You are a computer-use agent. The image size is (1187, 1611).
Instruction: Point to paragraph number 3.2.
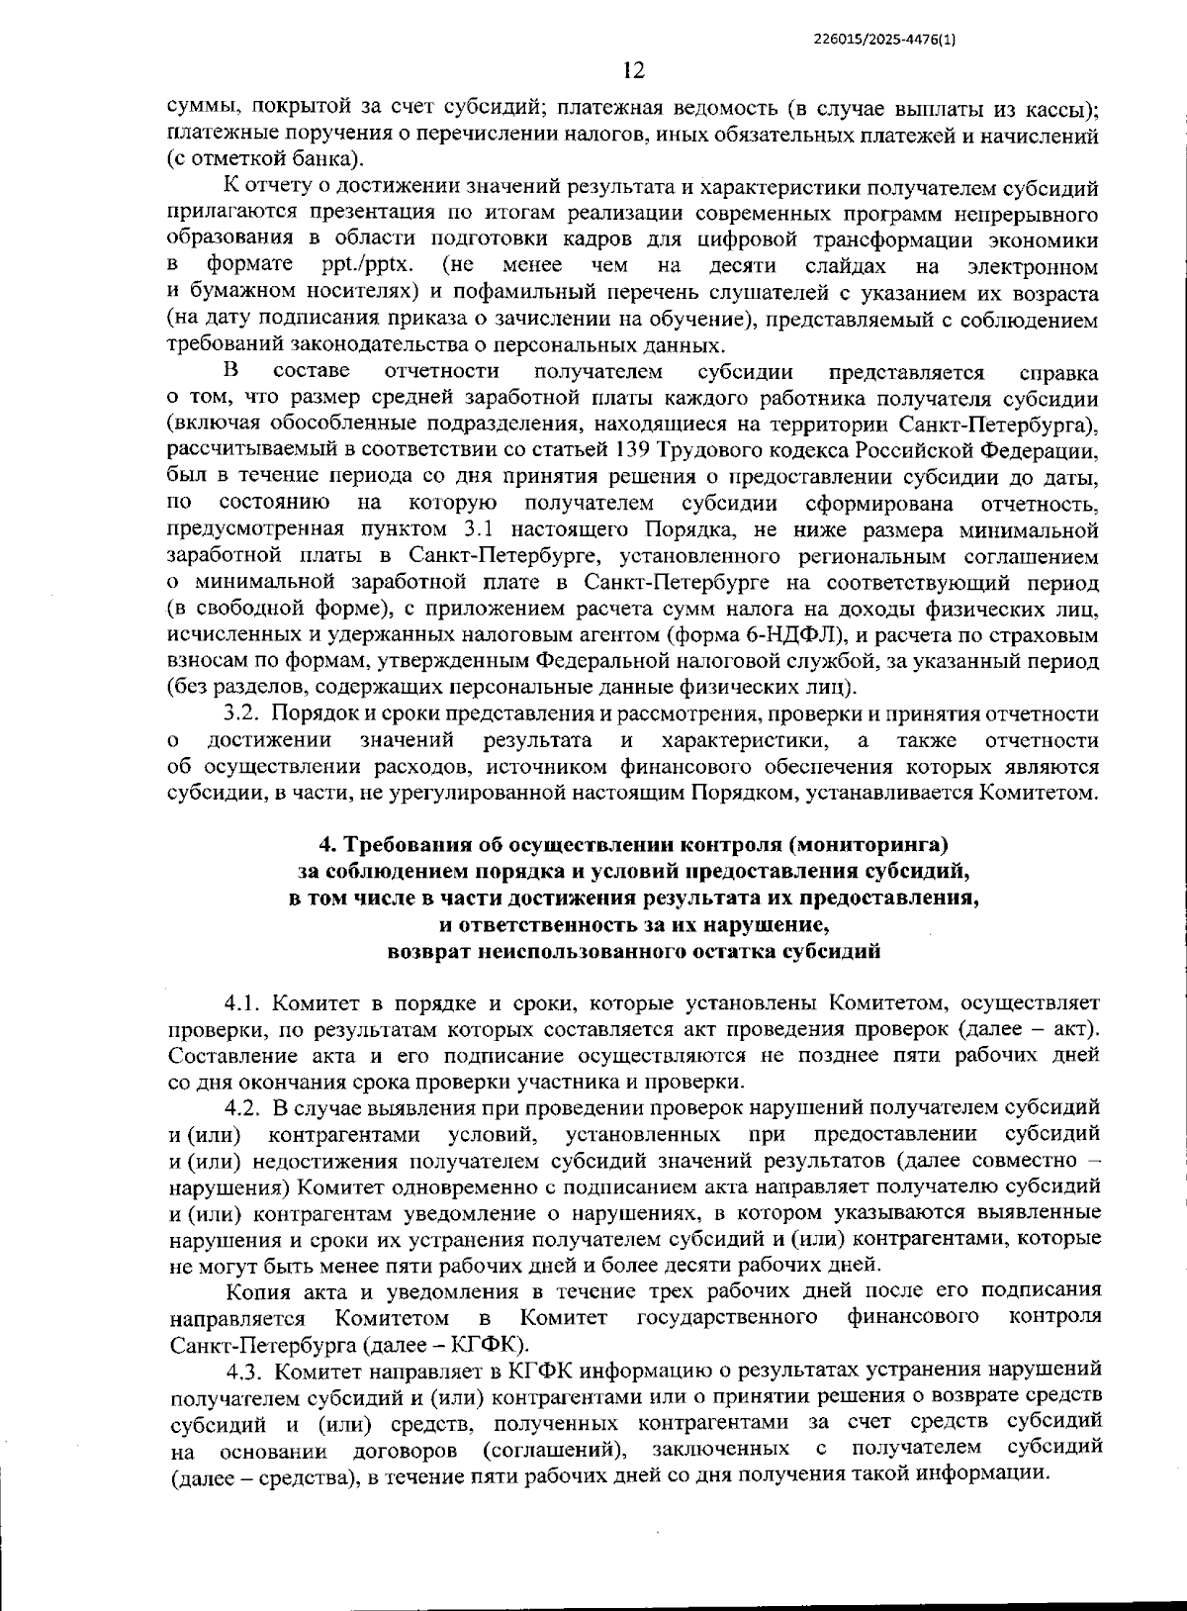click(x=242, y=713)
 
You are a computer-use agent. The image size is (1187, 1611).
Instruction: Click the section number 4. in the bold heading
click(x=326, y=844)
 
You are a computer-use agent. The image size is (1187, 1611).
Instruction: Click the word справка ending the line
click(x=1057, y=373)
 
